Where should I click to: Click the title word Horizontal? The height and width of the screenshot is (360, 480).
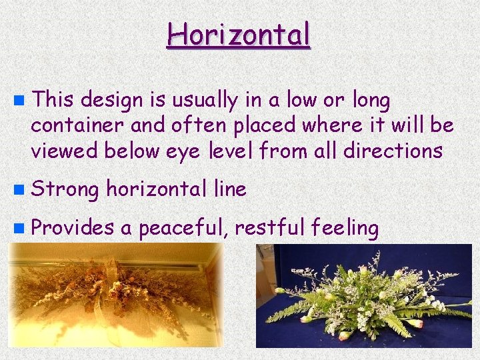[x=239, y=34]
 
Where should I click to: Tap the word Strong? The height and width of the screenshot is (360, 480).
[x=64, y=190]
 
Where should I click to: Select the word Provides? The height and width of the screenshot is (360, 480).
[x=72, y=228]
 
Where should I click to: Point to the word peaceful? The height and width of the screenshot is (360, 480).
[x=183, y=228]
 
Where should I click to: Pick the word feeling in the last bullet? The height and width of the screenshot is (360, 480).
[x=345, y=228]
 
